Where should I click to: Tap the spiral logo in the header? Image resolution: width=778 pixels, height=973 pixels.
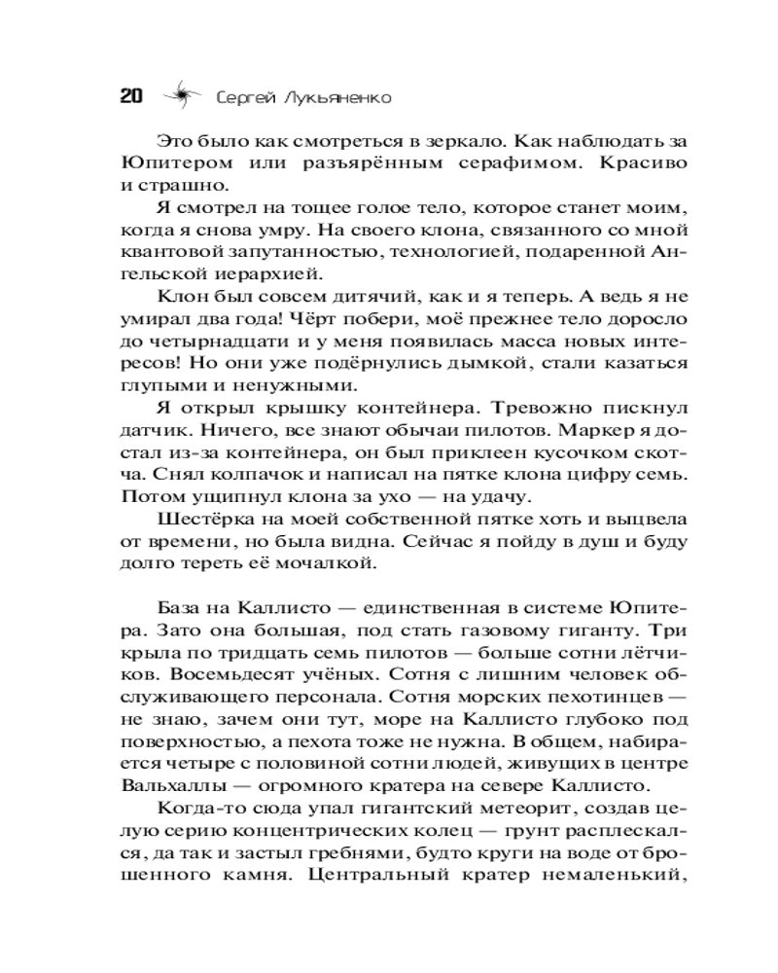(180, 96)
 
